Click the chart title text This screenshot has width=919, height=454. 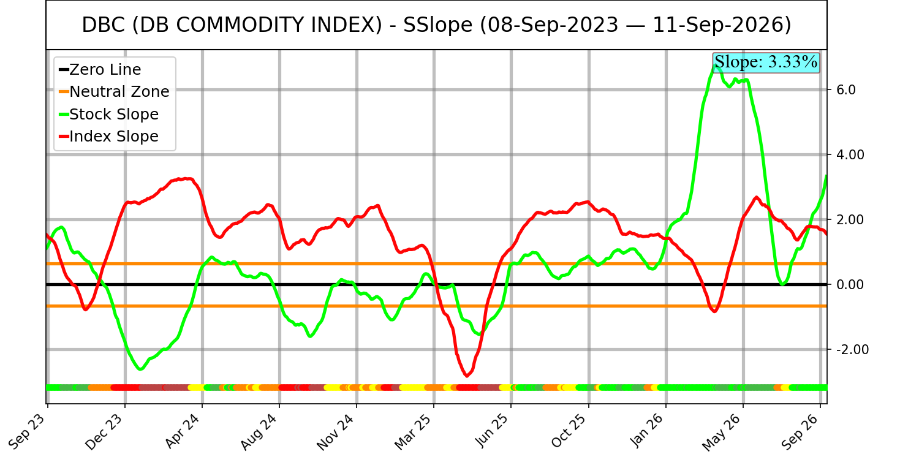pos(436,25)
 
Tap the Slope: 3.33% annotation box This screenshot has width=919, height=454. pos(766,62)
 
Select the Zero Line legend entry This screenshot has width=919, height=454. pos(100,70)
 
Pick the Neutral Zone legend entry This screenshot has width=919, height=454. pos(114,91)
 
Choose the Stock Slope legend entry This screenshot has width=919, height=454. pos(108,114)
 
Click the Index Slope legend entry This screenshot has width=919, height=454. pos(108,136)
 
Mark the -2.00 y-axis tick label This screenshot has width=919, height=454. pos(849,349)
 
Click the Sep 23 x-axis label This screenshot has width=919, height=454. pos(28,431)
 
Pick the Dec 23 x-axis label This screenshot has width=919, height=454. pos(104,431)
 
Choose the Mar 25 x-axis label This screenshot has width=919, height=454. pos(414,431)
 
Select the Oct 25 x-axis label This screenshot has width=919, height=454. pos(569,431)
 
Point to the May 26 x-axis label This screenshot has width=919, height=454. pos(722,431)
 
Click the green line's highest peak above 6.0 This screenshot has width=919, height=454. pos(716,66)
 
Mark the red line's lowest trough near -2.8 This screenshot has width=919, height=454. pos(467,375)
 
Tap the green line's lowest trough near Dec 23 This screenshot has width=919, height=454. pos(141,369)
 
